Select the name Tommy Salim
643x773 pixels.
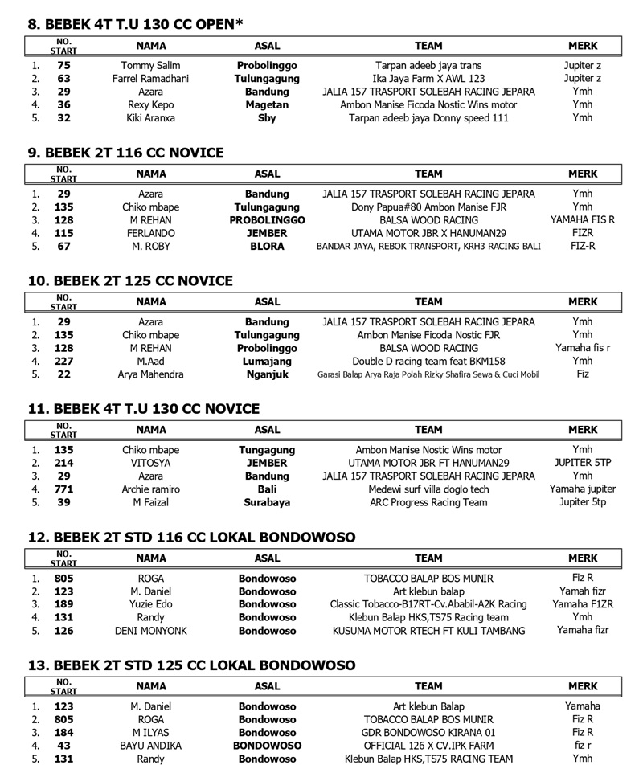[x=150, y=66]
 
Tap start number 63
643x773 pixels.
[x=64, y=79]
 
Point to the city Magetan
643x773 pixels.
[x=267, y=104]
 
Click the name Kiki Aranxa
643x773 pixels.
[x=150, y=117]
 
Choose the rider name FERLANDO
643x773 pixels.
[x=150, y=233]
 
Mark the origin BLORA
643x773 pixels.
[x=267, y=246]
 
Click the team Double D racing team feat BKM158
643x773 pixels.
[x=428, y=362]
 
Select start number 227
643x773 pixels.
[x=64, y=362]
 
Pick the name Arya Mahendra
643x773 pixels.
[x=150, y=374]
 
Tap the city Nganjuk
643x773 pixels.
[x=267, y=374]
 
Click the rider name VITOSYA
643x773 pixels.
[x=150, y=464]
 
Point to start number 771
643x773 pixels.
[x=64, y=489]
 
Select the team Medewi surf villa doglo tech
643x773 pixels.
[x=428, y=489]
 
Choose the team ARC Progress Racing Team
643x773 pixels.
[x=428, y=502]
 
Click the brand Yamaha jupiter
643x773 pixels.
[x=582, y=489]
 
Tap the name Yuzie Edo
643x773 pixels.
[x=150, y=604]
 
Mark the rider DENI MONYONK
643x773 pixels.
[x=150, y=631]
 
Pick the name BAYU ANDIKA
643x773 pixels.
[x=150, y=746]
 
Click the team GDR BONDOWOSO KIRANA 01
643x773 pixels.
[x=428, y=733]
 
